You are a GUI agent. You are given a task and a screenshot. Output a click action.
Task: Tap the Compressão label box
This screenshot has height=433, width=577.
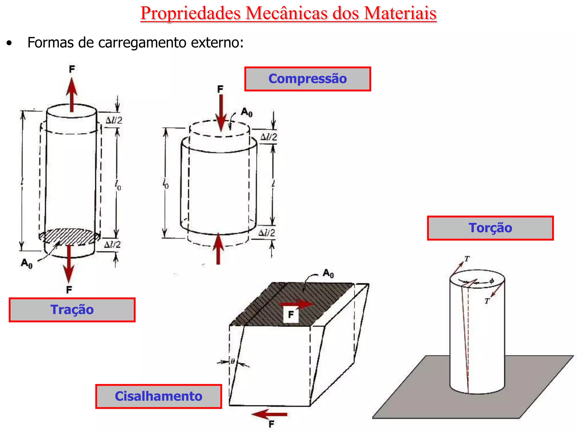pyautogui.click(x=307, y=79)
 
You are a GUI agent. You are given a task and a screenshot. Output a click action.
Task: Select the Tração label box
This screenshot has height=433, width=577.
pyautogui.click(x=72, y=310)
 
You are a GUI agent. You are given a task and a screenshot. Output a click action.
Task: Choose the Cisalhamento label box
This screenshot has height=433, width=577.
pyautogui.click(x=159, y=396)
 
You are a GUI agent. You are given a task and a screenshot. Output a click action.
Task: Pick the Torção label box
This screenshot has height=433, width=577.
pyautogui.click(x=490, y=228)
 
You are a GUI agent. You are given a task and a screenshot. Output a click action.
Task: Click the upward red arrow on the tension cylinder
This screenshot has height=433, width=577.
pyautogui.click(x=72, y=95)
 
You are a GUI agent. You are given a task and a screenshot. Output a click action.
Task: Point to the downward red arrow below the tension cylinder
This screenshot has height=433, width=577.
pyautogui.click(x=68, y=264)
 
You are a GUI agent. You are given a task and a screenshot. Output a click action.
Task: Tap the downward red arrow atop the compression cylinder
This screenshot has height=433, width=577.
pyautogui.click(x=221, y=113)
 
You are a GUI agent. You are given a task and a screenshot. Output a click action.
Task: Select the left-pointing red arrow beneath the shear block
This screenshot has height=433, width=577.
pyautogui.click(x=269, y=414)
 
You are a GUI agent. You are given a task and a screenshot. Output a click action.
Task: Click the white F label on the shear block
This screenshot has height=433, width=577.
pyautogui.click(x=291, y=314)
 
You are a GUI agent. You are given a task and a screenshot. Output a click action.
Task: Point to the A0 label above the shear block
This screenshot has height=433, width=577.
pyautogui.click(x=328, y=273)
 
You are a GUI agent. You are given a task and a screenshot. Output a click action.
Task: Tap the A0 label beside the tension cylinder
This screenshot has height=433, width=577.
pyautogui.click(x=27, y=264)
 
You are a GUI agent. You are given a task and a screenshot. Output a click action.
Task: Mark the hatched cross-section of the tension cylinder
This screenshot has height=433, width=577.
pyautogui.click(x=69, y=236)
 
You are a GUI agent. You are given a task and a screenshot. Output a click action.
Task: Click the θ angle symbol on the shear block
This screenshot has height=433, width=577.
pyautogui.click(x=233, y=361)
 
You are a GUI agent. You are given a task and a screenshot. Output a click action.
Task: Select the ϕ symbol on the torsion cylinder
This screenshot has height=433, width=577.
pyautogui.click(x=492, y=281)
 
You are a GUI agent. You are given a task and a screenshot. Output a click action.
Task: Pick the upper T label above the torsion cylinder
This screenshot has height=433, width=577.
pyautogui.click(x=467, y=259)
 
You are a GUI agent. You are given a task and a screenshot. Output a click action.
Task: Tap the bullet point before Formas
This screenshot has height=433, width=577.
pyautogui.click(x=9, y=43)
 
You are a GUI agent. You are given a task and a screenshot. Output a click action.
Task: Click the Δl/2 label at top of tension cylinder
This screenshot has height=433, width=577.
pyautogui.click(x=114, y=120)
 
